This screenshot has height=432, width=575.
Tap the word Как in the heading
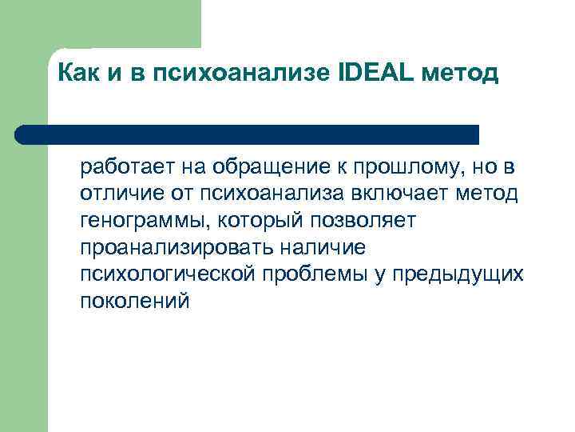[x=78, y=74]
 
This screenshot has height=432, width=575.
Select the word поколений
[x=135, y=302]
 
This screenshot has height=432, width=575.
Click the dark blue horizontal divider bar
[x=248, y=134]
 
